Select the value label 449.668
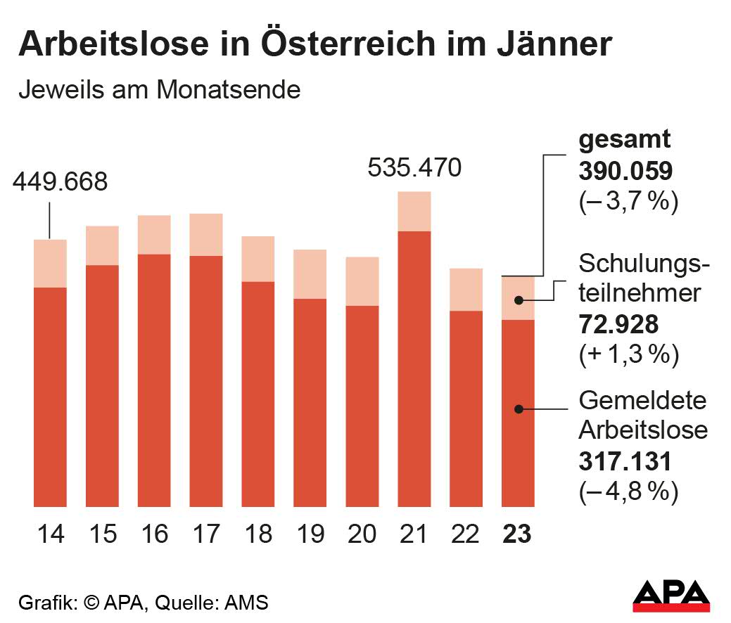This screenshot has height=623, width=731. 61,182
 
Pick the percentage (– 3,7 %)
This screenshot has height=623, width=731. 628,203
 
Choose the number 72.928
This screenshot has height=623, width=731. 618,324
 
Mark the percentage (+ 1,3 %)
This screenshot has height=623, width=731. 628,355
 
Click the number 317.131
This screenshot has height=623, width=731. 625,461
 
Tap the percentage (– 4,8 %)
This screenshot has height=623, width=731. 628,492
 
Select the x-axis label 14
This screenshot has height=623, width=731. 51,534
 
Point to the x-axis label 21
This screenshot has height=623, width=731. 414,534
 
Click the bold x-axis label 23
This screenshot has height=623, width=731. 517,534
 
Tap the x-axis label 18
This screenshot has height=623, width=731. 258,534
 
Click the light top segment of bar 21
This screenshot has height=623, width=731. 414,211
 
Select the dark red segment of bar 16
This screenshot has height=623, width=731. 154,380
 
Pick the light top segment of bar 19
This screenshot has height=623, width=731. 310,274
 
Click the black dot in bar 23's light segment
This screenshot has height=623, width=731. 518,300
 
